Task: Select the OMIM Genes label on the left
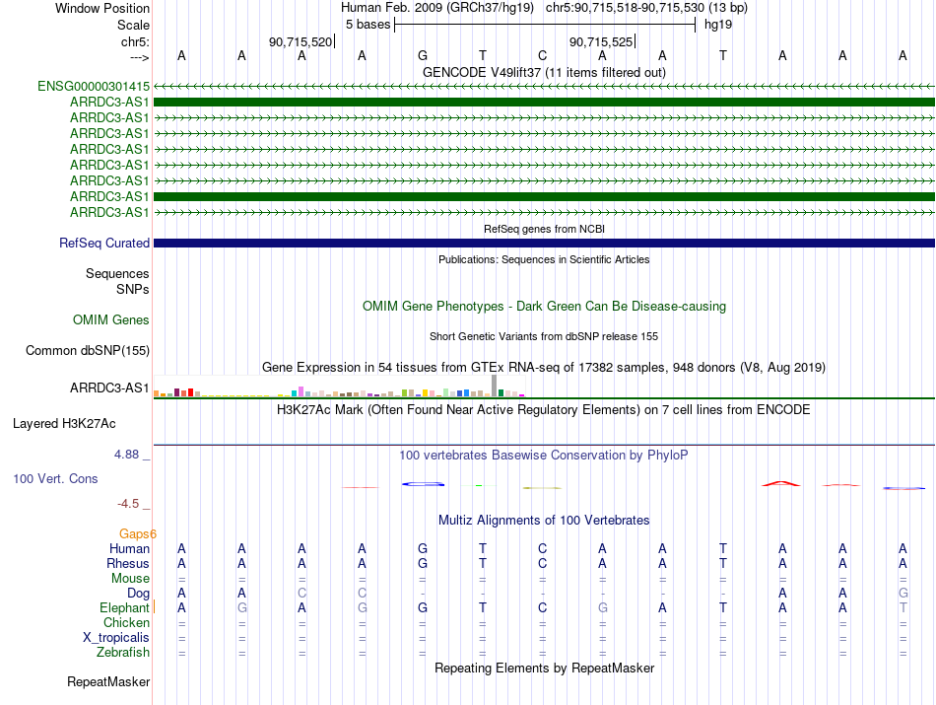tap(111, 319)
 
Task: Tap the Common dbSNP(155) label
tap(88, 350)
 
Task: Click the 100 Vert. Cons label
tap(55, 478)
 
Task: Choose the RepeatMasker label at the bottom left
tap(108, 681)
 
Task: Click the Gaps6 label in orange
tap(131, 533)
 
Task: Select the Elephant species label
tap(124, 607)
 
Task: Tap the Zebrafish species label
tap(123, 652)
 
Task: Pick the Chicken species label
tap(126, 622)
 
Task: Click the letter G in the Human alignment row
tap(422, 548)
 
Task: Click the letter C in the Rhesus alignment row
tap(542, 563)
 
